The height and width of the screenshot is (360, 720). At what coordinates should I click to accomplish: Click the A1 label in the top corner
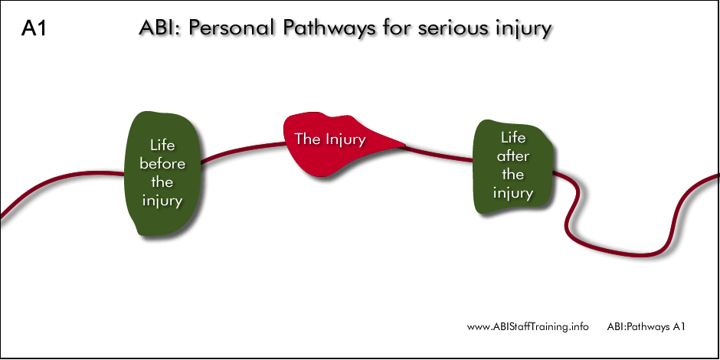(x=34, y=29)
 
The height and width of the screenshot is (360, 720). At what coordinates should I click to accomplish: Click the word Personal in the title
(x=232, y=28)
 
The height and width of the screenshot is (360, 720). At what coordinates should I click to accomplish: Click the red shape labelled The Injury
(x=339, y=145)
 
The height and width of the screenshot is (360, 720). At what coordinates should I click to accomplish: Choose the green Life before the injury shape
(x=162, y=173)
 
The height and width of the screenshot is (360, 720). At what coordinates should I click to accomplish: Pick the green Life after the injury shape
(x=512, y=166)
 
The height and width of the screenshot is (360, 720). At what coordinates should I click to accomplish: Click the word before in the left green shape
(x=162, y=164)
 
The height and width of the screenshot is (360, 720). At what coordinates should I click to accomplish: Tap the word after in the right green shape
(x=512, y=156)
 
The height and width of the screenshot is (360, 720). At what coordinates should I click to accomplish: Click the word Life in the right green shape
(x=513, y=137)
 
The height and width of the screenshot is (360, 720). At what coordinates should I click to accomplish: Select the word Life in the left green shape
(x=162, y=145)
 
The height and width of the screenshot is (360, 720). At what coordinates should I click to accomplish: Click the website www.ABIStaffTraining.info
(x=528, y=327)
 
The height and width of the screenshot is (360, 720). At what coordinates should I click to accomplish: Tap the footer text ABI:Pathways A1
(x=646, y=327)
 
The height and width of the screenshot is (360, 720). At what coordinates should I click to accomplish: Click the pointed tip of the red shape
(x=405, y=146)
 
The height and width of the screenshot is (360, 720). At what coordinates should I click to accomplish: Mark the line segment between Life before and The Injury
(x=242, y=150)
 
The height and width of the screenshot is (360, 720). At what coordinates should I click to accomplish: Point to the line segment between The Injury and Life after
(x=439, y=154)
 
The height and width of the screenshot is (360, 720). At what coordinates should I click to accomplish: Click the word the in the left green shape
(x=162, y=182)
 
